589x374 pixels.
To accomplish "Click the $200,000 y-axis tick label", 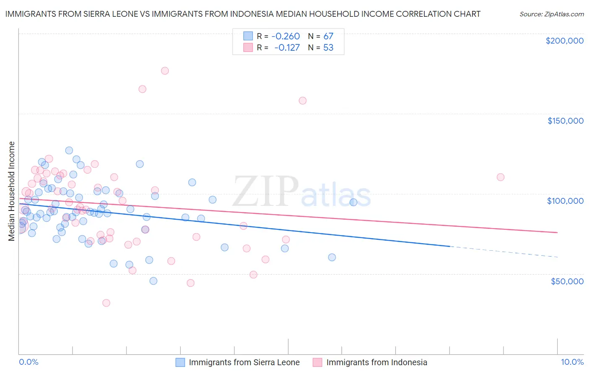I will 564,41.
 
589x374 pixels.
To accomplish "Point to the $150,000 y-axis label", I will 565,121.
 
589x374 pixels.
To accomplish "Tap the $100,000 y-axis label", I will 565,201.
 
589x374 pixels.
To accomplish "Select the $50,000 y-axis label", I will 567,281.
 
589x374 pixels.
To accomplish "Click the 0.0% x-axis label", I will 28,362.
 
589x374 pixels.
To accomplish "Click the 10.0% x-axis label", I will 572,362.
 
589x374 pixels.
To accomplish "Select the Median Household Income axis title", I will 11,191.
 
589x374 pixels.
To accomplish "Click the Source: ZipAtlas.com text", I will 551,14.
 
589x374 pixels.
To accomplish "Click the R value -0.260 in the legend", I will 286,36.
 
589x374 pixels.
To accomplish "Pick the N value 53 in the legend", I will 328,48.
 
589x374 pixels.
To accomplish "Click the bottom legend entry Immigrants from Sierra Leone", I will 244,362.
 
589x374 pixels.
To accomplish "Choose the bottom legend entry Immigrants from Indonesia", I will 377,362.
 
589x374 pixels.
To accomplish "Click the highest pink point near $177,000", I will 165,71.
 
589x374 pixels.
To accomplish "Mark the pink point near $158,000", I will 302,101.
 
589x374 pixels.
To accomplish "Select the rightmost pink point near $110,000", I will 500,177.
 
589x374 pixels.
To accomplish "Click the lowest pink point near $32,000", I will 106,303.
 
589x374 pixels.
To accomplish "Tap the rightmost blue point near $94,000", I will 353,202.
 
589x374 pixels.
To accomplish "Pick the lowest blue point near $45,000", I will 153,281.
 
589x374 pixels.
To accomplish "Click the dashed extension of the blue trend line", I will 503,252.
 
